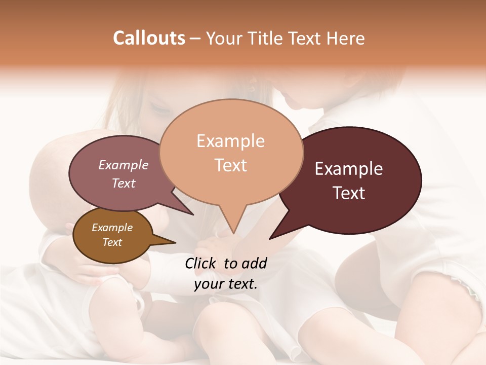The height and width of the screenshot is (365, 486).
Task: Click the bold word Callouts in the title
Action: (149, 38)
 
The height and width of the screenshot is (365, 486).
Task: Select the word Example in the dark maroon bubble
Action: (349, 169)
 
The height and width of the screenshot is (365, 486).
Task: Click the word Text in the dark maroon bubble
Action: (349, 193)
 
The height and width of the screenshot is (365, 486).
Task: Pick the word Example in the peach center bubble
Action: (230, 141)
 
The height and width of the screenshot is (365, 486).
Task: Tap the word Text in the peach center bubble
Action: (230, 165)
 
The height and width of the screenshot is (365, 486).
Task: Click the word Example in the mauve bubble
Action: (124, 165)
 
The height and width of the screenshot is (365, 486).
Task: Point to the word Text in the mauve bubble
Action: (124, 183)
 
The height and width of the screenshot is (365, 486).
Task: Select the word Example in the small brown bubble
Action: (112, 228)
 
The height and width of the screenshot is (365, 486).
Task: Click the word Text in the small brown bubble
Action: (112, 242)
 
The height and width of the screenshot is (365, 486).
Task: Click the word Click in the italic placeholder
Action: (201, 263)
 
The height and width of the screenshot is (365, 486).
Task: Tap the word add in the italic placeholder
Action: (254, 263)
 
